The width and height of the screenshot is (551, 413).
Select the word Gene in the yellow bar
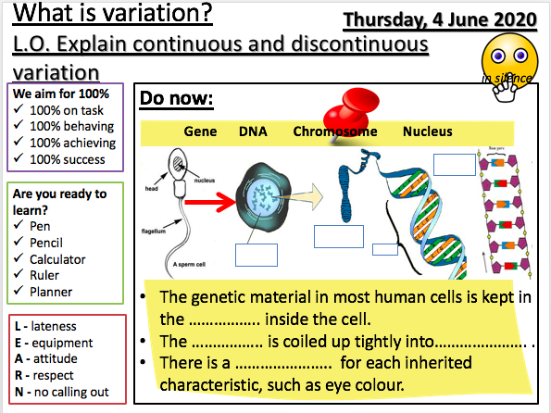point(200,131)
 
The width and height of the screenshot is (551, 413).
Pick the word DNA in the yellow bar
point(253,131)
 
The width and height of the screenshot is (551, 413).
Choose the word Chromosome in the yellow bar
point(335,131)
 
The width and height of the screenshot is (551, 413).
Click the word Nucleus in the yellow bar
point(427,131)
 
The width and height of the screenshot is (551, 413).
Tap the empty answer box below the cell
point(256,255)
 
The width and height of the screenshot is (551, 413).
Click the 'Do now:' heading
point(176,97)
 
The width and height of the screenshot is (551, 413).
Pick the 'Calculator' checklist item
point(60,259)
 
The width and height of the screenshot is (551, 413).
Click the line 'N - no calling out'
point(61,392)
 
